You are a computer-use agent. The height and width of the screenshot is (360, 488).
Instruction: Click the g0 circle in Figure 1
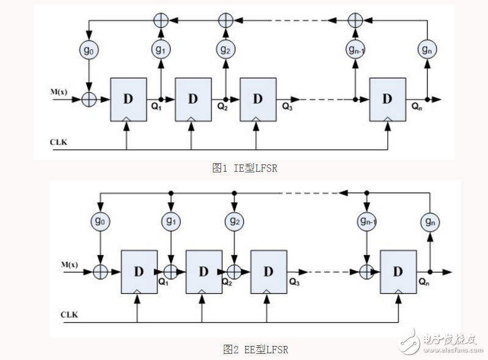[89, 50]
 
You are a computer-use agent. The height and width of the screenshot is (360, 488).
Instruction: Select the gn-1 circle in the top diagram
[355, 50]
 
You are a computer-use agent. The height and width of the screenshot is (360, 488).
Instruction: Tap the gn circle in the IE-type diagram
[427, 50]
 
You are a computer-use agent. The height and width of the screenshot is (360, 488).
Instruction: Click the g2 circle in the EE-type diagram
[235, 221]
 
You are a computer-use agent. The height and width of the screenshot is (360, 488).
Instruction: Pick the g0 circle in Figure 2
[100, 221]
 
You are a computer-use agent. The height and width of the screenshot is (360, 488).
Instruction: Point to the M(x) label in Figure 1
[59, 92]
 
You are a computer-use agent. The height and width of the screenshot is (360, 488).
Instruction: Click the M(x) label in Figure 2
[70, 265]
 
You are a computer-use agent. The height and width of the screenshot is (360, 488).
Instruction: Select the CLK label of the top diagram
[59, 142]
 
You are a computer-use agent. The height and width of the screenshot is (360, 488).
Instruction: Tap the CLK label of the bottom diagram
[69, 315]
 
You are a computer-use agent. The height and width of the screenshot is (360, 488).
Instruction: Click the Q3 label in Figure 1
[287, 106]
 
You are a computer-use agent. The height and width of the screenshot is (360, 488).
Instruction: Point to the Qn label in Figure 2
[424, 282]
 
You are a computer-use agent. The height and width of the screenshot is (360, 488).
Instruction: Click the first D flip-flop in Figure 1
[128, 100]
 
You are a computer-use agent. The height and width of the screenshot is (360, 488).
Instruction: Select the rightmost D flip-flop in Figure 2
[398, 272]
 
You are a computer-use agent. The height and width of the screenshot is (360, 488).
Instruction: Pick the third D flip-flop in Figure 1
[258, 100]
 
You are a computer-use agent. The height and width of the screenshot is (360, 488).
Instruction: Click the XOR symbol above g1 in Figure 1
[161, 21]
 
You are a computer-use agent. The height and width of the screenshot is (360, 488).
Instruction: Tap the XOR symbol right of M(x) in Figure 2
[100, 272]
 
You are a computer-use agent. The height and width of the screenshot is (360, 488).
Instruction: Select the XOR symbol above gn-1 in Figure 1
[355, 21]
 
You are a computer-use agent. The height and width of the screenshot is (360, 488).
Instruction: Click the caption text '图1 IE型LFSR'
[245, 168]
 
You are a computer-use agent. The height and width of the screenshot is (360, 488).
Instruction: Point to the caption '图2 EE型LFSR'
[255, 350]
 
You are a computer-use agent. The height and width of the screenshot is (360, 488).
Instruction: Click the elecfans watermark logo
[440, 342]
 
